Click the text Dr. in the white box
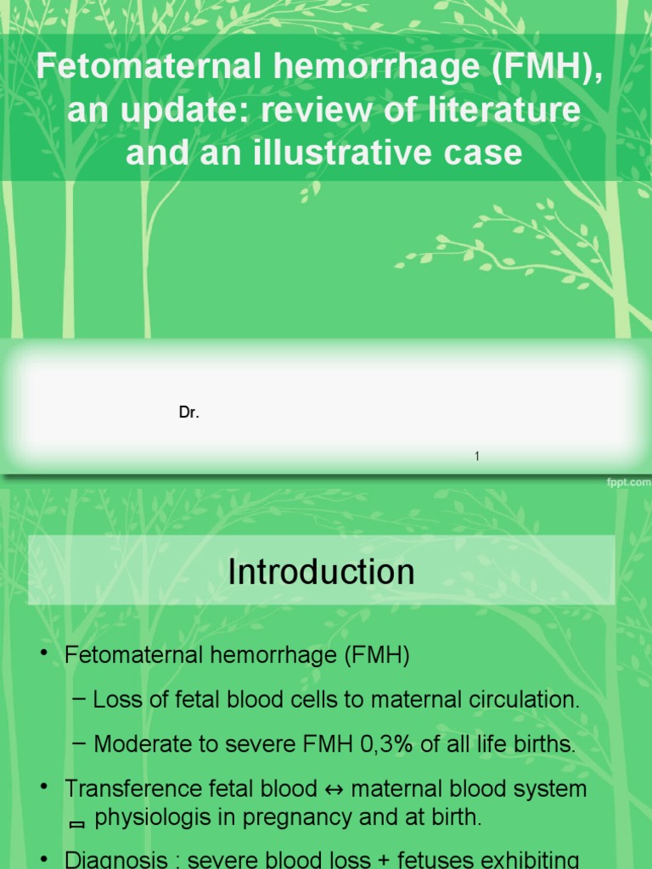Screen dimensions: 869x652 [x=188, y=413]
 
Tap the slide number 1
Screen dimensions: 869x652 [x=477, y=457]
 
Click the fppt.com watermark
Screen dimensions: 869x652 [x=628, y=482]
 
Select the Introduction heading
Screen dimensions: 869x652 [x=321, y=572]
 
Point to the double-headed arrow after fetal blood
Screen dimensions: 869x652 [x=334, y=789]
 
